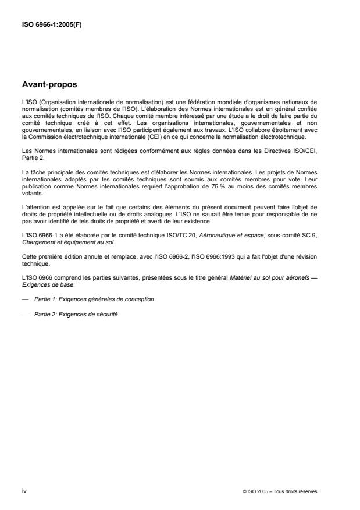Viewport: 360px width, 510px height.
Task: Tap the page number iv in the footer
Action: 24,491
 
